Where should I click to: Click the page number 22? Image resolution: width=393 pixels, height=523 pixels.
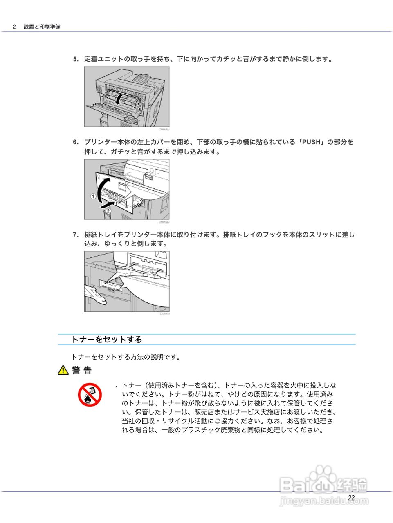click(351, 497)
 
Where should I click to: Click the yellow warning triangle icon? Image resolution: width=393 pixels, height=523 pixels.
click(63, 370)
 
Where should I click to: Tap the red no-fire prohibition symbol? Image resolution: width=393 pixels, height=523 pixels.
click(90, 395)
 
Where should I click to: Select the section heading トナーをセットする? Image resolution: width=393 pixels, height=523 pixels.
click(107, 339)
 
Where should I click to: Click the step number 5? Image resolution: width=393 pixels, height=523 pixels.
click(76, 59)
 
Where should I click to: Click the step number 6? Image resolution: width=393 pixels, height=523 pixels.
click(76, 142)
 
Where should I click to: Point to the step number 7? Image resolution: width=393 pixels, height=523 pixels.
click(76, 235)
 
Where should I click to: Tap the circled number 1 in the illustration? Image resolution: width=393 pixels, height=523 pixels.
click(93, 197)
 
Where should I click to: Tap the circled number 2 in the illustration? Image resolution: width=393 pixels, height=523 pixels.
click(108, 211)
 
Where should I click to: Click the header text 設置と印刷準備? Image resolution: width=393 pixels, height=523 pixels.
click(42, 27)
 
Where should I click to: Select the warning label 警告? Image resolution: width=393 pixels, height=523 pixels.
click(82, 370)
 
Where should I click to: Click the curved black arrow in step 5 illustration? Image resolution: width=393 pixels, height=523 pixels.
click(118, 98)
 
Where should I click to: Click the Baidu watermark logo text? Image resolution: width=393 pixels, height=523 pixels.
click(323, 485)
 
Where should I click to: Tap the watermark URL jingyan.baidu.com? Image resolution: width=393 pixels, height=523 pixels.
click(324, 501)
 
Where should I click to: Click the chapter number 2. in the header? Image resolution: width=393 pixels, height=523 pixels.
click(15, 27)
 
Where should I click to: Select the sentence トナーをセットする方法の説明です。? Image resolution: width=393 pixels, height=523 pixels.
click(126, 357)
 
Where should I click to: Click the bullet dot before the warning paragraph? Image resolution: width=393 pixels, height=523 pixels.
click(117, 386)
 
